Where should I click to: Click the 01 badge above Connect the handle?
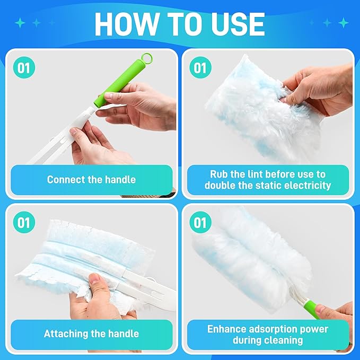24,68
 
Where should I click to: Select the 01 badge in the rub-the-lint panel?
200,68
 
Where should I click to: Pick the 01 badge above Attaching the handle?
24,222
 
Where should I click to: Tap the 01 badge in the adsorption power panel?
200,222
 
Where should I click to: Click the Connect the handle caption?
91,180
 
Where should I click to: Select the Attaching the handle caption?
91,334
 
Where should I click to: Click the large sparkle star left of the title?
21,23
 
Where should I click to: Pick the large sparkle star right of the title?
344,23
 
